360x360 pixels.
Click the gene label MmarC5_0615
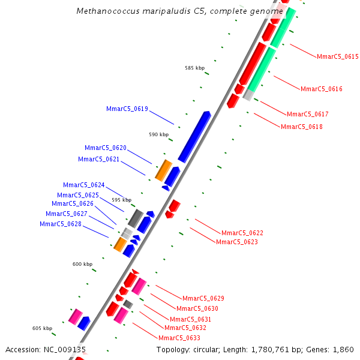click(338, 57)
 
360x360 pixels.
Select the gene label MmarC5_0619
click(127, 109)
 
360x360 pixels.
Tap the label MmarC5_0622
click(242, 233)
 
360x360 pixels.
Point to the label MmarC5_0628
click(61, 224)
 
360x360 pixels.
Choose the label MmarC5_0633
click(179, 338)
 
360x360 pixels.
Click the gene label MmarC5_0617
click(308, 114)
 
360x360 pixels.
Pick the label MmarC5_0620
click(106, 148)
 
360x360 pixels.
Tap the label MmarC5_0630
click(197, 308)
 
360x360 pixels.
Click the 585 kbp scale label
click(194, 68)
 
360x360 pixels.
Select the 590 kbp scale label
click(159, 134)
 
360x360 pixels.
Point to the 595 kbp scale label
click(121, 200)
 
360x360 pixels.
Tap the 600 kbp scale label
click(83, 264)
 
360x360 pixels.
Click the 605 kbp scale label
click(42, 328)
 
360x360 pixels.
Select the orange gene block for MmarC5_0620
click(163, 170)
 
